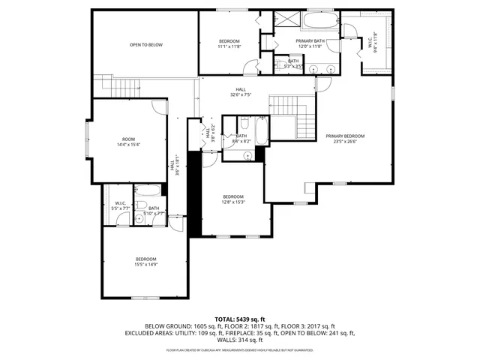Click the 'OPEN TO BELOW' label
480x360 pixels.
pos(145,45)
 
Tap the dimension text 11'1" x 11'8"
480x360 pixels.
pos(229,46)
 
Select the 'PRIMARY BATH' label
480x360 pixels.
pos(310,40)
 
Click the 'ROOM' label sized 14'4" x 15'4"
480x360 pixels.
pos(129,139)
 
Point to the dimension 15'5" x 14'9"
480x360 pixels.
pos(145,264)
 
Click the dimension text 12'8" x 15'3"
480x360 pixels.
pos(233,202)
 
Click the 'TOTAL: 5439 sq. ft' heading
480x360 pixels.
pos(240,319)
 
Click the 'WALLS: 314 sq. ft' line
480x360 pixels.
pos(240,340)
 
